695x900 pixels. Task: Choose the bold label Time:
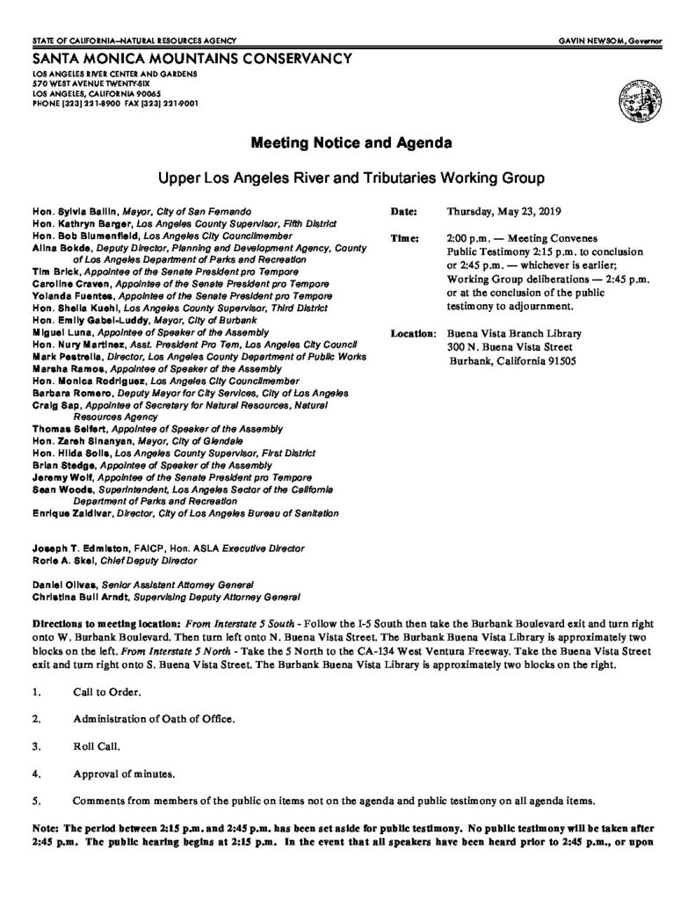[402, 239]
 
